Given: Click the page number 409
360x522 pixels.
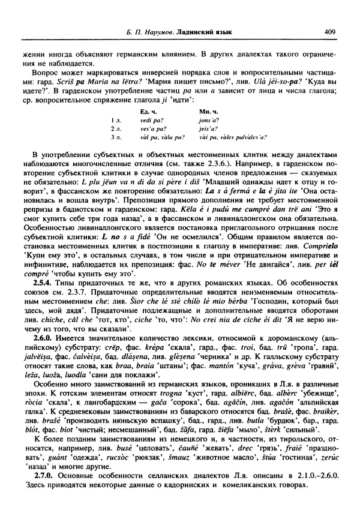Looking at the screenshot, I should [329, 32].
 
